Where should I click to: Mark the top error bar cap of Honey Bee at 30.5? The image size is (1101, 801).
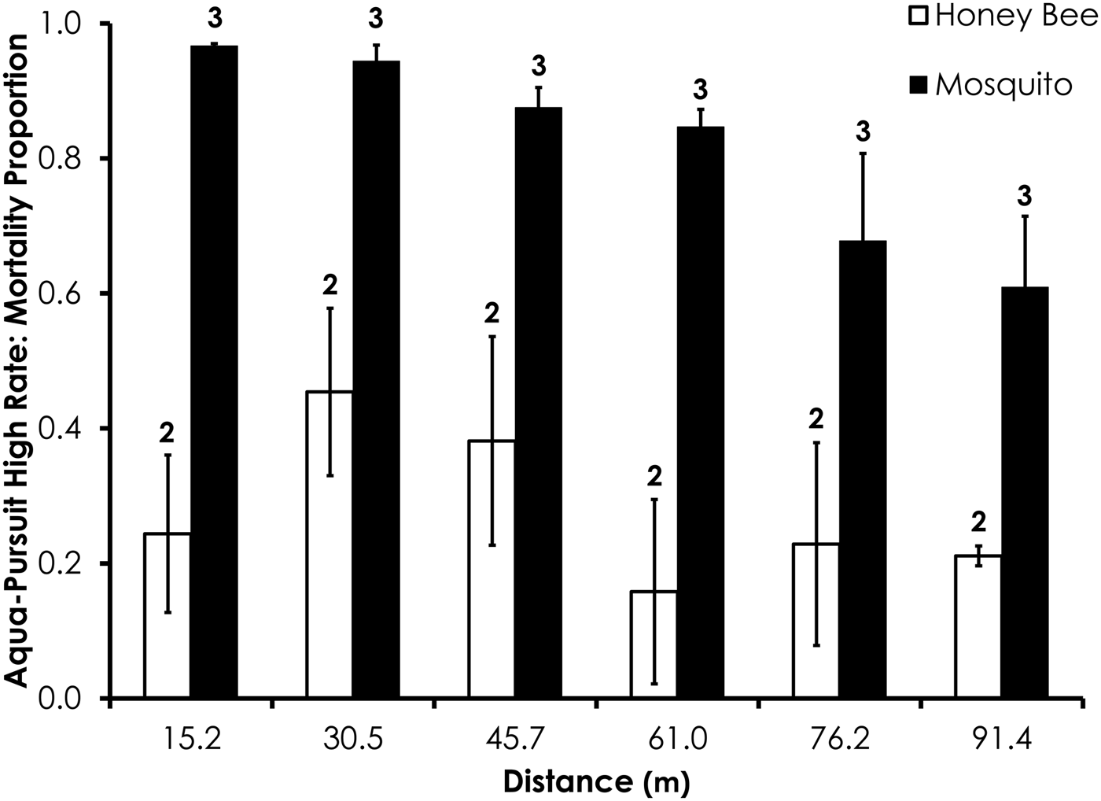[x=330, y=308]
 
